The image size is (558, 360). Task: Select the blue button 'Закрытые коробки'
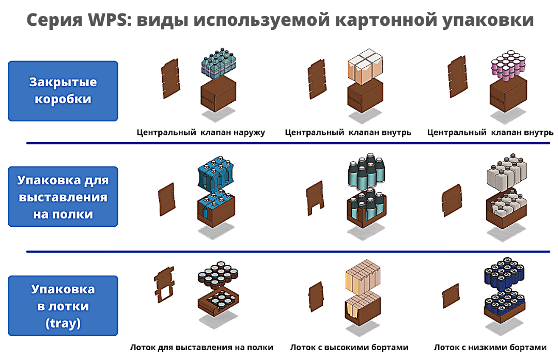tap(63, 90)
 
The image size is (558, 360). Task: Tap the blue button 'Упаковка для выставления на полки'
tap(63, 196)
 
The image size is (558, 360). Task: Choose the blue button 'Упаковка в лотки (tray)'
tap(63, 306)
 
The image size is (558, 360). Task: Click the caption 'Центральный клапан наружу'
tap(200, 132)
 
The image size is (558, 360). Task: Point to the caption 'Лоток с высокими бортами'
tap(349, 347)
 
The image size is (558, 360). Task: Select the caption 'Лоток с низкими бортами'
tap(490, 347)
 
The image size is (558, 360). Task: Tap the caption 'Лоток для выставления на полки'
tap(202, 347)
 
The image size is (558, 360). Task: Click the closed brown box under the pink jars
tap(508, 95)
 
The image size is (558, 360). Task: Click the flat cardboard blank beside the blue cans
tap(451, 296)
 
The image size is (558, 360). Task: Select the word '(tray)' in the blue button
tap(63, 324)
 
